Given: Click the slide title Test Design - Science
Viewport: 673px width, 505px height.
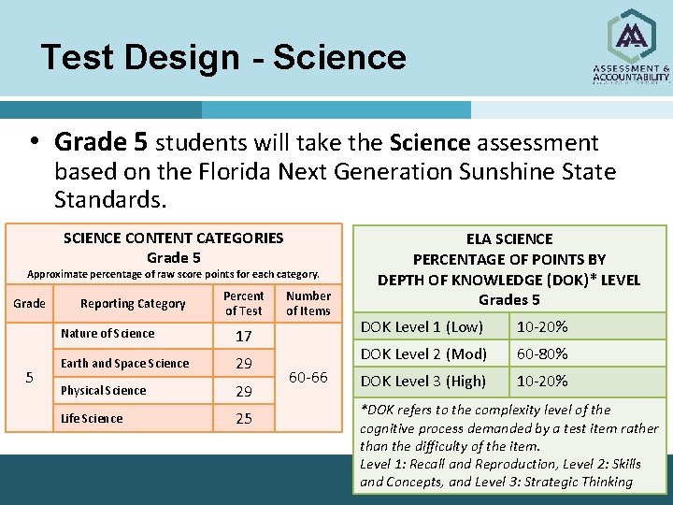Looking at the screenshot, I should click(223, 58).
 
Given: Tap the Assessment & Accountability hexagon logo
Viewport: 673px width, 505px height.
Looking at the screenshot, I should click(631, 37).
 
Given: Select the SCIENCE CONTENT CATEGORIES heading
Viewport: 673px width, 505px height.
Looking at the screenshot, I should click(173, 238).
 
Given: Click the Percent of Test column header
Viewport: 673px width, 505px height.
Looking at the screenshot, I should click(244, 303).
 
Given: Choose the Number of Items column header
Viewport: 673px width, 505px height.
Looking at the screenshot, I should click(308, 303).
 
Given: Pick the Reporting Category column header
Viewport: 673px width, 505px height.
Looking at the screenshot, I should click(133, 303).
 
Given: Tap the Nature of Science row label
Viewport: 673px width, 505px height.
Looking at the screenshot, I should click(107, 334).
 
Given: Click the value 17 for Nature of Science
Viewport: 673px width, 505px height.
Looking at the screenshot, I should click(243, 336).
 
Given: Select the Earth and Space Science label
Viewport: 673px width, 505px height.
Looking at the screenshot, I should click(124, 363).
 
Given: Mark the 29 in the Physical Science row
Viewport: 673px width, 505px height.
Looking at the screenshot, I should click(243, 391).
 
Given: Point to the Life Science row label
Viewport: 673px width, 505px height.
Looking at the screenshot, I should click(91, 418).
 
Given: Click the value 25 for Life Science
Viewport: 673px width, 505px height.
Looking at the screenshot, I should click(243, 419).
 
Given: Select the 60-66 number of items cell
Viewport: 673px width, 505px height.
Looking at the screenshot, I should click(308, 377).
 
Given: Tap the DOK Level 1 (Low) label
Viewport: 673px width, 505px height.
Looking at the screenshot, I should click(422, 326).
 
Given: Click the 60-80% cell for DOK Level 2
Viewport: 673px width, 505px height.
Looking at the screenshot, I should click(543, 353).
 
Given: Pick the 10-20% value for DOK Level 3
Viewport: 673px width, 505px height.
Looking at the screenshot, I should click(543, 381).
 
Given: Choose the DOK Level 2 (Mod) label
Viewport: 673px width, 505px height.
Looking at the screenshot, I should click(424, 353).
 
